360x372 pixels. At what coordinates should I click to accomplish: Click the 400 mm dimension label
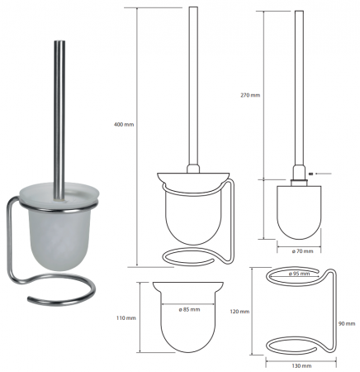124,125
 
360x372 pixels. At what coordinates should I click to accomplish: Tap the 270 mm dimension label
250,95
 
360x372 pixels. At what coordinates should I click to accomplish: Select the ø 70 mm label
302,251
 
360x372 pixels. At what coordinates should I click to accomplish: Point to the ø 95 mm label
299,274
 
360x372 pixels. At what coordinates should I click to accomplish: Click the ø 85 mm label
189,309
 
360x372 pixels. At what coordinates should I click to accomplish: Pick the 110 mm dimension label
126,318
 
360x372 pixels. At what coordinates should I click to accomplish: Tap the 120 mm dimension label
239,312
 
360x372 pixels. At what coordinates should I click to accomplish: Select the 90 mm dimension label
347,324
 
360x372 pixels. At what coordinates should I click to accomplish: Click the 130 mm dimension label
301,366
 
